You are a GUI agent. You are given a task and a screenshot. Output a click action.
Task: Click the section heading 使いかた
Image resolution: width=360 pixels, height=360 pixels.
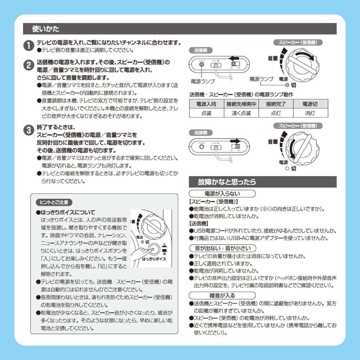46,28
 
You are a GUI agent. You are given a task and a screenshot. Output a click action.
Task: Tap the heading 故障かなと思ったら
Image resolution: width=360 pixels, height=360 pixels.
227,182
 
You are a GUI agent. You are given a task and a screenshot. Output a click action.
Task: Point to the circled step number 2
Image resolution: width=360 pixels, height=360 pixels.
28,65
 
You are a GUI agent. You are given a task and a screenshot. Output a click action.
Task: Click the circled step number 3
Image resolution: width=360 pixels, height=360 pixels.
28,130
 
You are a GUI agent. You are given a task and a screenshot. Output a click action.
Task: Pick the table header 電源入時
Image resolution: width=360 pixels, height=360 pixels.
206,104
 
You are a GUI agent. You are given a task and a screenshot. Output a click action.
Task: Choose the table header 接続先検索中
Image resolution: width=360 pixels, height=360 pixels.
241,104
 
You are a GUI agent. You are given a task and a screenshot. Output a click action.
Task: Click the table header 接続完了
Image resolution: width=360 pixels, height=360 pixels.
275,104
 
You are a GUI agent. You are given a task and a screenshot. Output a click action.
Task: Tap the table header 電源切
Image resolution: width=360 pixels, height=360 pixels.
310,104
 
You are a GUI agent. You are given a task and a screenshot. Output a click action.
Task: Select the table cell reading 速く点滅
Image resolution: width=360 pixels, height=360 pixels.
241,113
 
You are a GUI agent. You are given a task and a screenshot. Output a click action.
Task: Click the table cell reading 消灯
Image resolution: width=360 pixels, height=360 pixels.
310,113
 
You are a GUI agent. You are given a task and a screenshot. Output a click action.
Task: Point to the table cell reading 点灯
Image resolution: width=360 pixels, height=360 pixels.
275,113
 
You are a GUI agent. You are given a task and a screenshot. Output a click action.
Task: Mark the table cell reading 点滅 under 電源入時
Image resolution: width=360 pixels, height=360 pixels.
206,113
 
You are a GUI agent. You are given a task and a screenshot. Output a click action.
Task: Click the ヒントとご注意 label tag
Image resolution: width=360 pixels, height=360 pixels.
54,202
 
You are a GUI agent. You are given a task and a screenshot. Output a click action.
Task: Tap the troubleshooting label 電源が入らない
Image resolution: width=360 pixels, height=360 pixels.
222,194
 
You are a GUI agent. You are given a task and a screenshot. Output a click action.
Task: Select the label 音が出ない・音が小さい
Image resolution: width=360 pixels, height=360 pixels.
222,248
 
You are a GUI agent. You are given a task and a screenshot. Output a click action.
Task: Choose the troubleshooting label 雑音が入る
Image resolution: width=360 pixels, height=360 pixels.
222,296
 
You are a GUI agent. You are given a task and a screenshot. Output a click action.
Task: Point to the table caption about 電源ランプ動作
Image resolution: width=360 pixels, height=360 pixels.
241,95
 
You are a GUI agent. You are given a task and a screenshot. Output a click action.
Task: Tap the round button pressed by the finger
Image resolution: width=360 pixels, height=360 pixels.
154,248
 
